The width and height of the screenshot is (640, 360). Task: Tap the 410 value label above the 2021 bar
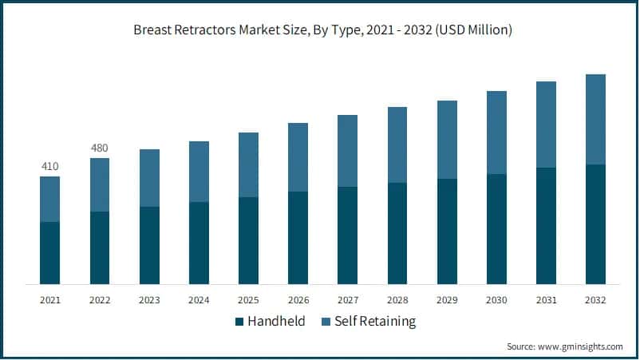pos(49,166)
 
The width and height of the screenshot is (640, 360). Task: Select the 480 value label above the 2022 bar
pos(99,148)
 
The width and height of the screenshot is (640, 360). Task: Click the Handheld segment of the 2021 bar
pos(49,253)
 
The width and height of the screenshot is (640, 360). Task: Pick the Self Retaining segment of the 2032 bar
pos(595,120)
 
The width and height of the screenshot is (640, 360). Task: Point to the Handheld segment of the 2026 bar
pos(298,238)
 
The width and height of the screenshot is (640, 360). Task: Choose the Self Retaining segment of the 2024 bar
pos(199,172)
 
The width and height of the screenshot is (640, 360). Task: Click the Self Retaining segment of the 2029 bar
pos(447,140)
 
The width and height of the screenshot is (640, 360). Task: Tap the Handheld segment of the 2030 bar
pos(496,229)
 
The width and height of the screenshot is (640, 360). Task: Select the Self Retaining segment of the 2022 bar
pos(99,184)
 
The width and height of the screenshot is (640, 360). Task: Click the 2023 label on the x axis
pos(149,300)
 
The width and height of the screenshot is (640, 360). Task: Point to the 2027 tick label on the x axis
pos(347,300)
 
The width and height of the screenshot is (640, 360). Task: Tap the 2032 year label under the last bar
pos(595,300)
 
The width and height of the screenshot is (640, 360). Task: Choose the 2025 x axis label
pos(248,300)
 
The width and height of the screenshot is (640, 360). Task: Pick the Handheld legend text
pos(275,322)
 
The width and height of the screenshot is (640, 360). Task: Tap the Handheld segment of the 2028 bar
pos(397,234)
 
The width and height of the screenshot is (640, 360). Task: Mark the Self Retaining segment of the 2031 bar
pos(546,125)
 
